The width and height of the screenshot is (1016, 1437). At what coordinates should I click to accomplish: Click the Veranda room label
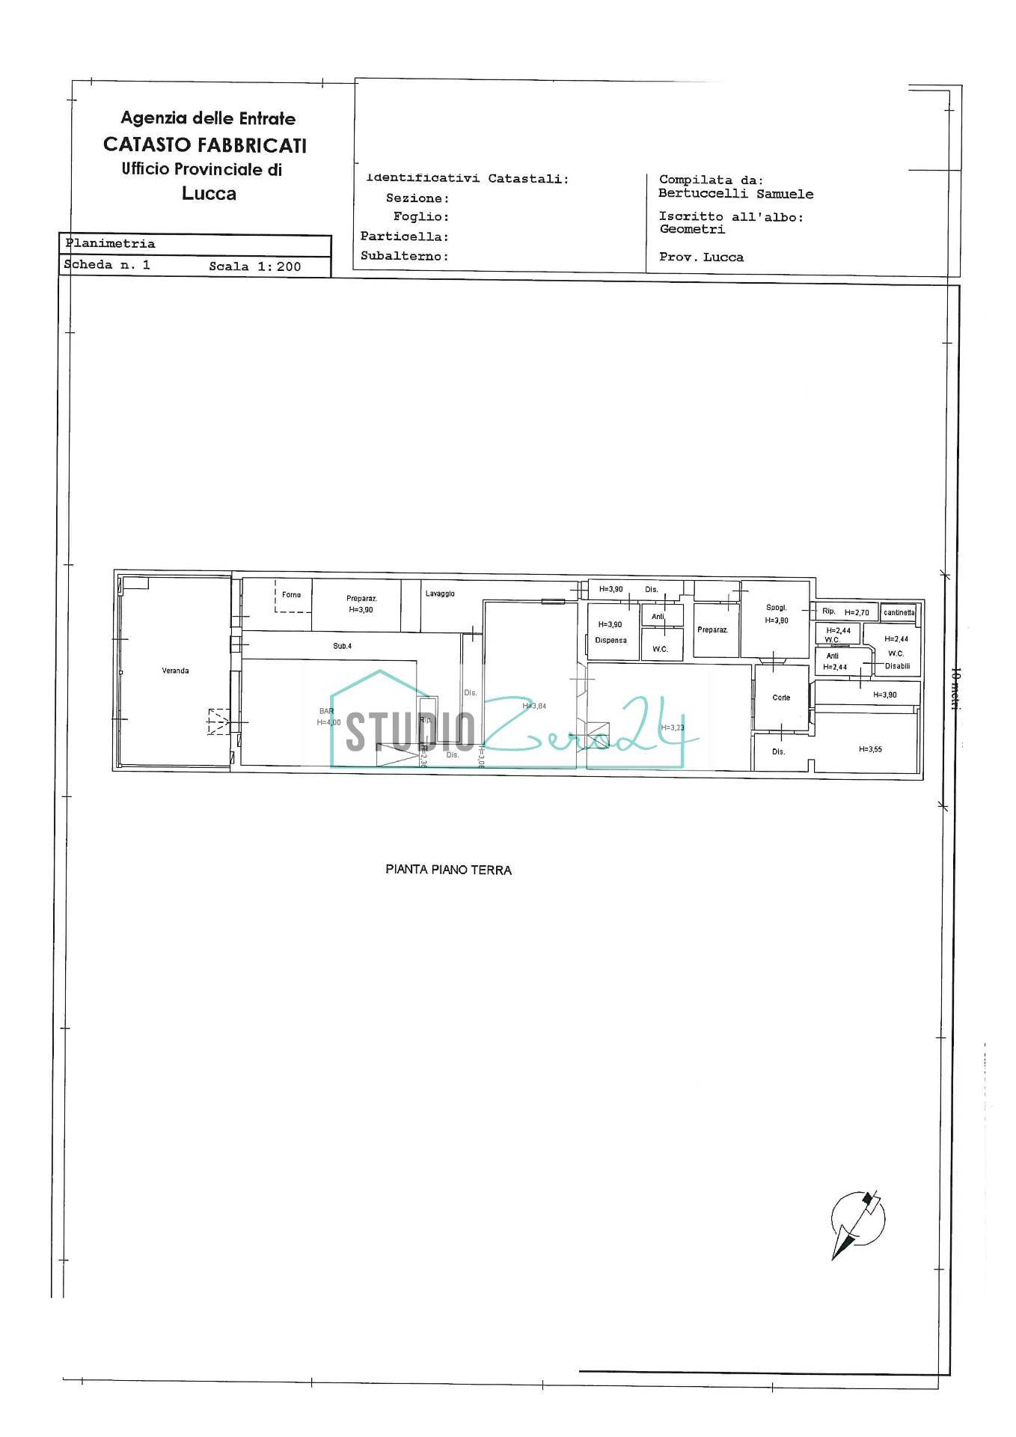(175, 671)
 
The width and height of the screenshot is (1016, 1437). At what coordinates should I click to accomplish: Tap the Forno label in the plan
(291, 595)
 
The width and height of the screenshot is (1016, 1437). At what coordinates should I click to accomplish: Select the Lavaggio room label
(440, 594)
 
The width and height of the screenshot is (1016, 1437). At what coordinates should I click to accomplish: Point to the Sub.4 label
(342, 646)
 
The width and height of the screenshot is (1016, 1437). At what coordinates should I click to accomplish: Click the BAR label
(327, 711)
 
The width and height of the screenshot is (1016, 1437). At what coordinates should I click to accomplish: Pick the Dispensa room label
(610, 640)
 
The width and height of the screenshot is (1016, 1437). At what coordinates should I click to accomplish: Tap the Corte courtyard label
(781, 698)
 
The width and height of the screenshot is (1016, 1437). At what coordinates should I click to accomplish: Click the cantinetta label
(899, 612)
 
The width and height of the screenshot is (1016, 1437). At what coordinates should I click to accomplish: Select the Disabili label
(897, 666)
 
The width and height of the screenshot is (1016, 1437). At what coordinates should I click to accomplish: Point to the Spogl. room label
(776, 608)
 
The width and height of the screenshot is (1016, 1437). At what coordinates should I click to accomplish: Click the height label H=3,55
(870, 748)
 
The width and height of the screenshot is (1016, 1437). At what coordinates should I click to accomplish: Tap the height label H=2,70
(857, 612)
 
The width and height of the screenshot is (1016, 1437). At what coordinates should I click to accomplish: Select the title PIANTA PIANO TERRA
(448, 870)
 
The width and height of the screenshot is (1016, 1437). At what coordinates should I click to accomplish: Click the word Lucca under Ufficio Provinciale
(209, 194)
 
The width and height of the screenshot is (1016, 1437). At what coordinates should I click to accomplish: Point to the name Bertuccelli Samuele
(735, 194)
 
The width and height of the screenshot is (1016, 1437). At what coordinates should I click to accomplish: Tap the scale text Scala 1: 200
(254, 266)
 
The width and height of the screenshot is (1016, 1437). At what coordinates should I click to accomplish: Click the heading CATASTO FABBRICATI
(204, 144)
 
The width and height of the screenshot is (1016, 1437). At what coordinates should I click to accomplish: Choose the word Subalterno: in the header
(404, 256)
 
